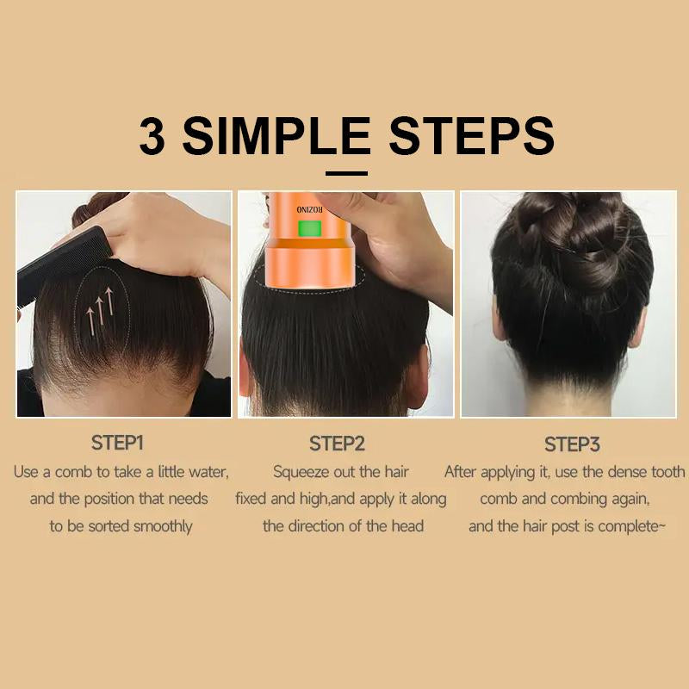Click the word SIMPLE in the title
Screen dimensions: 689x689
click(276, 136)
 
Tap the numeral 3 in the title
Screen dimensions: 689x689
click(152, 136)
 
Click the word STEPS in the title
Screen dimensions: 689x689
click(471, 136)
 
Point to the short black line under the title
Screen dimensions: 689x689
click(346, 174)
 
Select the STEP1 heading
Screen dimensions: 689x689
click(117, 443)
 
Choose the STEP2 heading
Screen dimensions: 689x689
click(337, 444)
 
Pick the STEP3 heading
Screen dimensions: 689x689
click(572, 444)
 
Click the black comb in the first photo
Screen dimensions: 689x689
click(61, 264)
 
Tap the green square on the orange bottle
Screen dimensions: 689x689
click(310, 228)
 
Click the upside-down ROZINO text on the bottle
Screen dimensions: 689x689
click(309, 209)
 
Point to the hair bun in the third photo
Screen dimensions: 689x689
click(571, 238)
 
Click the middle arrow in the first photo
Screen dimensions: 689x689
click(101, 311)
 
